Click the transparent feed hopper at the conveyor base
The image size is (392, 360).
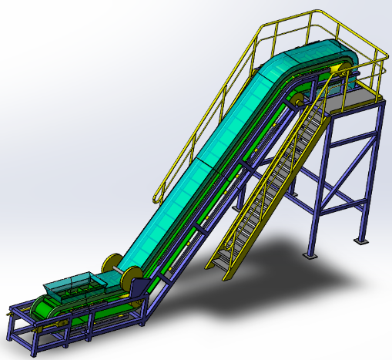(x=73, y=284)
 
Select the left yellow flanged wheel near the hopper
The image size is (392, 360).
(x=112, y=264)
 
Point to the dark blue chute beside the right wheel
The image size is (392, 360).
(x=141, y=289)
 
